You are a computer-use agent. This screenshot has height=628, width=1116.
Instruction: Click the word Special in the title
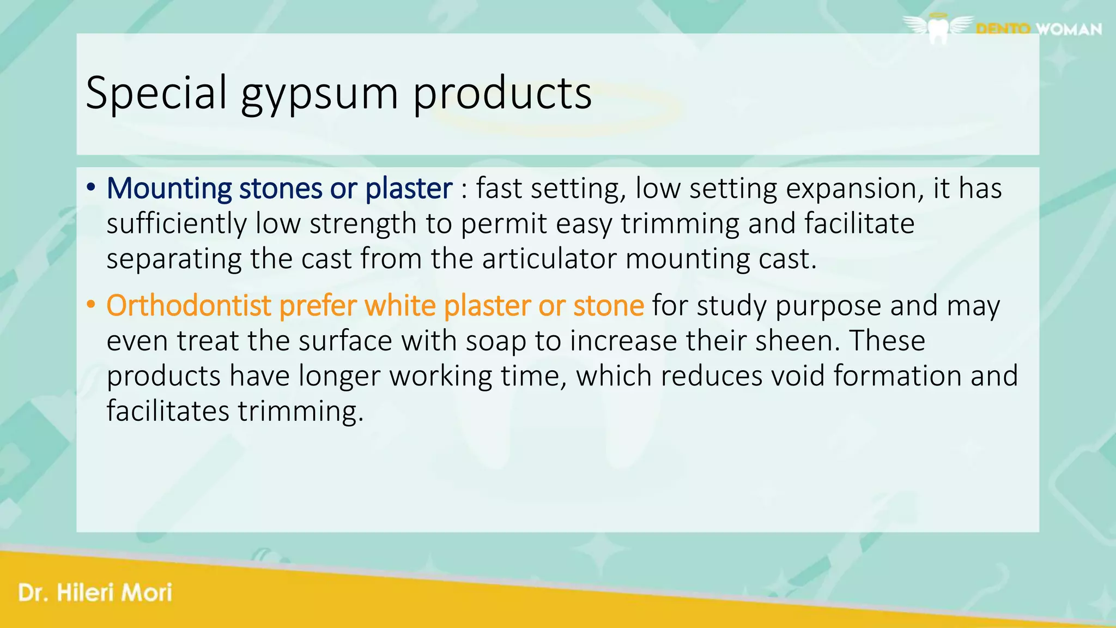tap(156, 93)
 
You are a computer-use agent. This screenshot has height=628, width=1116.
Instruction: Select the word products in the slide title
tap(502, 93)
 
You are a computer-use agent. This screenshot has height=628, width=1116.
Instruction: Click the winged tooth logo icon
tap(938, 28)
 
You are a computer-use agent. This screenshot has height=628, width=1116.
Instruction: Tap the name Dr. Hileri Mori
tap(95, 593)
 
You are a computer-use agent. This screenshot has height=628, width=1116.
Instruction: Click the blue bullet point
tap(91, 188)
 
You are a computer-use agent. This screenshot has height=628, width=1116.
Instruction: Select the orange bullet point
tap(91, 305)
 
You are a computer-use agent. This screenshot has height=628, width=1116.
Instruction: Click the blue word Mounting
tap(169, 189)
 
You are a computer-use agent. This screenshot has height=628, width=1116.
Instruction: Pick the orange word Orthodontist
tap(189, 305)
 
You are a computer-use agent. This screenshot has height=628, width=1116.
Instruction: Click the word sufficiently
tap(176, 224)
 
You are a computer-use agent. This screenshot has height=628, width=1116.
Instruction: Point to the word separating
tap(174, 259)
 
